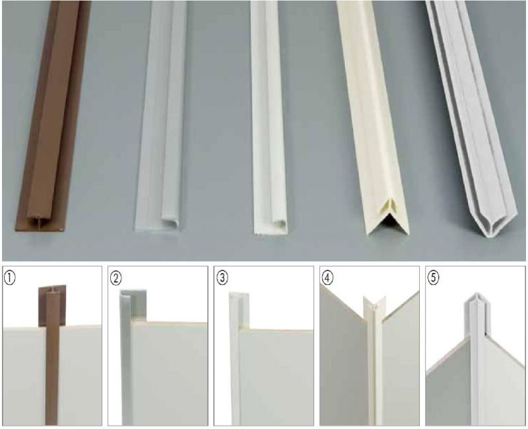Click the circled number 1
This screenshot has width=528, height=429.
(10, 278)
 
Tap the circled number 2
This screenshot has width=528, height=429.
(116, 278)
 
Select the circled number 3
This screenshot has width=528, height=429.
(222, 278)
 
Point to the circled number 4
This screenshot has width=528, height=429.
(327, 278)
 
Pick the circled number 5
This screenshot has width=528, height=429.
(434, 278)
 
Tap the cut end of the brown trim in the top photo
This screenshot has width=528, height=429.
(40, 223)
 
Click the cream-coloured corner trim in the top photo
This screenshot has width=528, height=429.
(374, 118)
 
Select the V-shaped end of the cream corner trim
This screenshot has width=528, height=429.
(387, 219)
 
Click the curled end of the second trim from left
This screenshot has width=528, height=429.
(170, 224)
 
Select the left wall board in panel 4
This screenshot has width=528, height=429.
(343, 358)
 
